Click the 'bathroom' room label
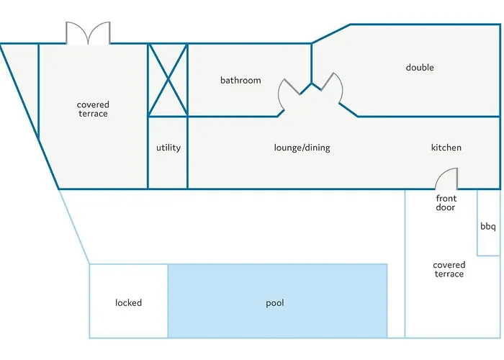click(x=240, y=80)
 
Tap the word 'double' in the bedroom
click(x=420, y=68)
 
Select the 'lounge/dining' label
click(x=302, y=148)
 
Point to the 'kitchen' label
click(x=446, y=148)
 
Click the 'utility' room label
click(x=168, y=148)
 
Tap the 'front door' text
click(x=446, y=203)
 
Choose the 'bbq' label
click(x=488, y=227)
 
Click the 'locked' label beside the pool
click(x=128, y=302)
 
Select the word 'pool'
click(x=275, y=302)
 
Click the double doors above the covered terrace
click(x=88, y=33)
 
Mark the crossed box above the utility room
click(x=168, y=80)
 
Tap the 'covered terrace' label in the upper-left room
click(x=93, y=109)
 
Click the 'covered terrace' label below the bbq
click(x=449, y=269)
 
